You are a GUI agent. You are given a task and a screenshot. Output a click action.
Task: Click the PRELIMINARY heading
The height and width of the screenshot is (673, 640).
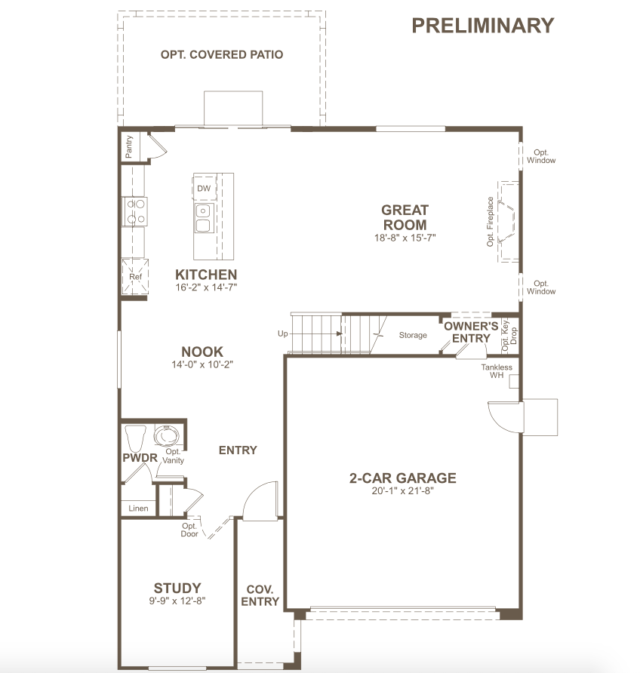click(x=483, y=26)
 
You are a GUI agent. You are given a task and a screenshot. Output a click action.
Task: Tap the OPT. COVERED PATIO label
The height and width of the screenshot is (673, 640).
click(x=222, y=54)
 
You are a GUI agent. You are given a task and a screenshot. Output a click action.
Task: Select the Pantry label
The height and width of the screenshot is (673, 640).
click(x=129, y=146)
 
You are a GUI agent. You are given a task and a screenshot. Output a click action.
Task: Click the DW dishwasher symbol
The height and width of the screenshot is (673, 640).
click(x=204, y=188)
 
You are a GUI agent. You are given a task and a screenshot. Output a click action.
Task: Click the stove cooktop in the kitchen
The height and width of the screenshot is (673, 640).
click(x=135, y=211)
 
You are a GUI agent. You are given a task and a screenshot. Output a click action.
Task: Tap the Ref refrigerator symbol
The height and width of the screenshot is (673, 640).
click(x=135, y=276)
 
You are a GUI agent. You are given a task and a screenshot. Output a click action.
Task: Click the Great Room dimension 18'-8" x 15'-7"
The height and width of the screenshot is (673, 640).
click(x=405, y=238)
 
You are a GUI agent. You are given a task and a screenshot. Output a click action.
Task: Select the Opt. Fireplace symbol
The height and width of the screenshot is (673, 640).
click(x=508, y=222)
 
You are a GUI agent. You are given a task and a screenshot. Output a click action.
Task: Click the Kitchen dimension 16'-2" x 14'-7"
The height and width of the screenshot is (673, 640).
click(x=206, y=287)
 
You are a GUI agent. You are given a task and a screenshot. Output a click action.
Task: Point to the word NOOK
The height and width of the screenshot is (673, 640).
click(x=202, y=352)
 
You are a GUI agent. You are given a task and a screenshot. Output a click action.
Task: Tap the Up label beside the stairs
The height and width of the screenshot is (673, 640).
click(x=283, y=333)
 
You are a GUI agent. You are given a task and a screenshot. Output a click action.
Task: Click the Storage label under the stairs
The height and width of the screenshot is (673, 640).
click(x=413, y=335)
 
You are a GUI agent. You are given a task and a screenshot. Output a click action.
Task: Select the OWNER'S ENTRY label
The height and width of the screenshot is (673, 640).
click(x=471, y=332)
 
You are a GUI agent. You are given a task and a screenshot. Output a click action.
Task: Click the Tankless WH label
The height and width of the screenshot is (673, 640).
click(x=497, y=371)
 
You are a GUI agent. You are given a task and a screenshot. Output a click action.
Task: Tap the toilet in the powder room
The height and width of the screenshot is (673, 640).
click(x=135, y=438)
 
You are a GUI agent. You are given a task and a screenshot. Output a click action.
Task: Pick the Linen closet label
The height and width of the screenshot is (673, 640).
click(x=138, y=509)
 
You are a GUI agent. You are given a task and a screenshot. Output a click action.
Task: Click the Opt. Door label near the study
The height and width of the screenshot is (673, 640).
click(x=189, y=530)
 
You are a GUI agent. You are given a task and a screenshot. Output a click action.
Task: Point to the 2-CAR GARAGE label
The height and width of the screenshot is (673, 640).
click(x=402, y=478)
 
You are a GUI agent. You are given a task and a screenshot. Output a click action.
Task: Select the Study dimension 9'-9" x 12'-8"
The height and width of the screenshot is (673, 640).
click(x=177, y=601)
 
